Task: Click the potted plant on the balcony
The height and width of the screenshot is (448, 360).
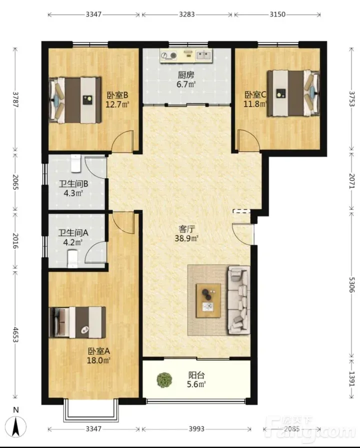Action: click(x=164, y=379)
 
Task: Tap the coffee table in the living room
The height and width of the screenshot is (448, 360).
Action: click(x=208, y=300)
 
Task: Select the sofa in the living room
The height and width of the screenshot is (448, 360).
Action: click(x=238, y=300)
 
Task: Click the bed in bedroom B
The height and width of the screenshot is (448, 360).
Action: click(x=75, y=100)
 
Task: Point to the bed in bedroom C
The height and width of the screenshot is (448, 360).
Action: click(x=293, y=94)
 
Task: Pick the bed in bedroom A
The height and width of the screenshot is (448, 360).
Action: click(x=77, y=322)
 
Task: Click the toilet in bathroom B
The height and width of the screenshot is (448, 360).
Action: click(x=75, y=163)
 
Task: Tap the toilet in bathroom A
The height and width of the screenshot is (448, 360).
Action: click(x=72, y=259)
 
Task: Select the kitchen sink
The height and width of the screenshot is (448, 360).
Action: click(x=204, y=55)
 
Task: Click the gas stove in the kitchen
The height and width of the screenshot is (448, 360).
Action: click(x=168, y=56)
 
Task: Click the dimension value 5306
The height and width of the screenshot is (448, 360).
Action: click(x=351, y=285)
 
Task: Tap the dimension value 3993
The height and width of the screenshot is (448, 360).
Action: click(x=196, y=428)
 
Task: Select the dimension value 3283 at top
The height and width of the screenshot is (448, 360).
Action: click(x=187, y=15)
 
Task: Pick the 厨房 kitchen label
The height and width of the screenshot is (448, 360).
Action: click(x=186, y=75)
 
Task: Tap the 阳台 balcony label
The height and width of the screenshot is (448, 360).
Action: click(x=196, y=375)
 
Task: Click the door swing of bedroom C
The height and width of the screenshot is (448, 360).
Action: click(x=248, y=140)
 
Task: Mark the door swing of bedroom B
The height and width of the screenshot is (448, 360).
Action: click(x=122, y=141)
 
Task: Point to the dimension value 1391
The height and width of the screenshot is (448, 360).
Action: click(x=351, y=378)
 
